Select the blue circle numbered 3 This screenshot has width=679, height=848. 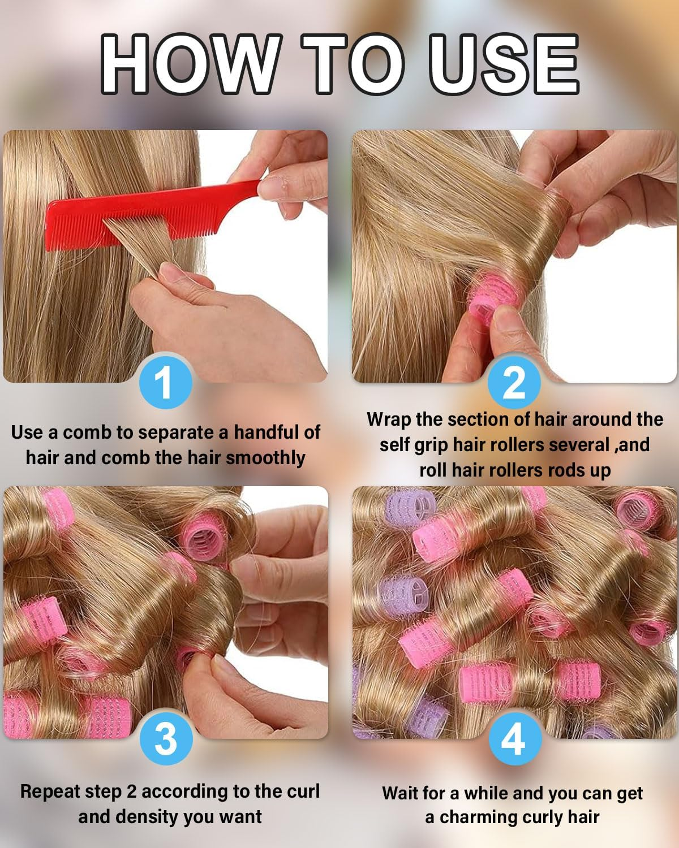pyautogui.click(x=165, y=738)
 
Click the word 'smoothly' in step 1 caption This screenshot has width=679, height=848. pyautogui.click(x=265, y=457)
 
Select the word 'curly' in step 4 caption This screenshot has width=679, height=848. pyautogui.click(x=558, y=817)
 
